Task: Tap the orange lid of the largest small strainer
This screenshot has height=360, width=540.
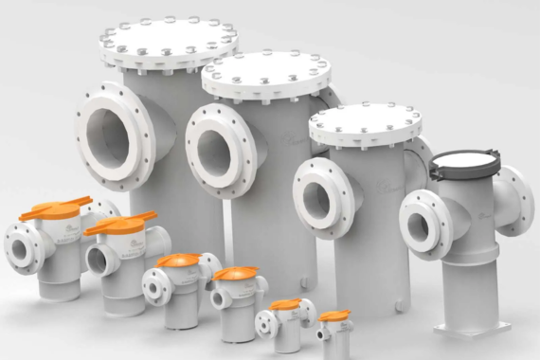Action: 56,208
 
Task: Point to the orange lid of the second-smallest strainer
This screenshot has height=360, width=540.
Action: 285,305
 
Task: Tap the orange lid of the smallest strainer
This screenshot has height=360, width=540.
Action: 333,315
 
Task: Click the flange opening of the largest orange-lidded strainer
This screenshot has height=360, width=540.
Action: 19,249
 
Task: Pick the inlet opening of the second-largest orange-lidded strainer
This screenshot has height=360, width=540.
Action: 96,258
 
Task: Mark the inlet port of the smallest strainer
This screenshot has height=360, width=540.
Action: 323,333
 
